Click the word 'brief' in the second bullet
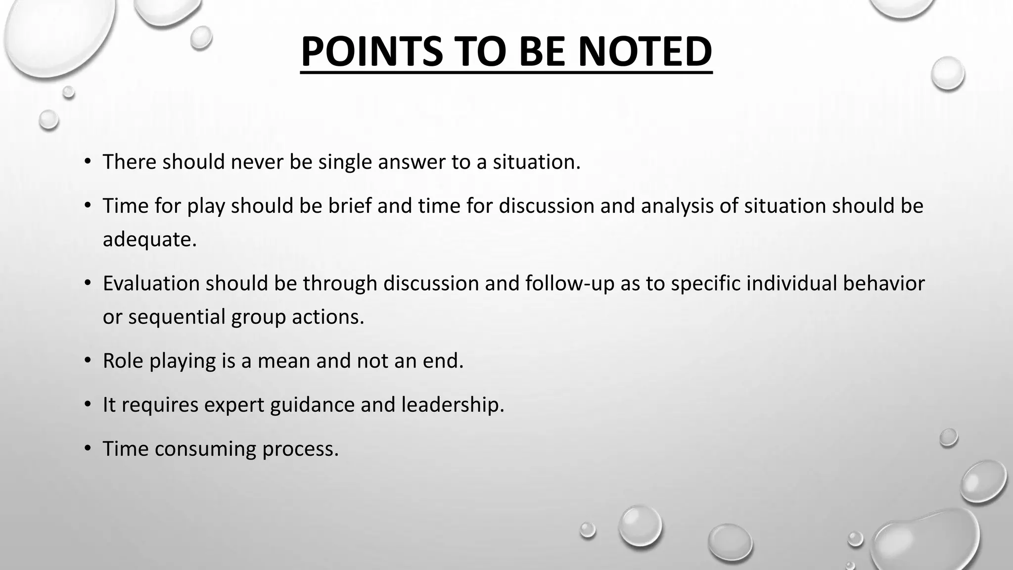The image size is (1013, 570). tap(350, 206)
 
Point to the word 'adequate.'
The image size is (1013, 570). tap(150, 239)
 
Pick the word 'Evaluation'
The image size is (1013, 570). tap(151, 284)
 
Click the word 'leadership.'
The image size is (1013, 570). tap(453, 405)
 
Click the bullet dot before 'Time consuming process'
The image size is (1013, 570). tap(88, 448)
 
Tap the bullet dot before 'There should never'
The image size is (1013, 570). tap(88, 161)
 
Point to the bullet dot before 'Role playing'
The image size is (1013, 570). tap(88, 360)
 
